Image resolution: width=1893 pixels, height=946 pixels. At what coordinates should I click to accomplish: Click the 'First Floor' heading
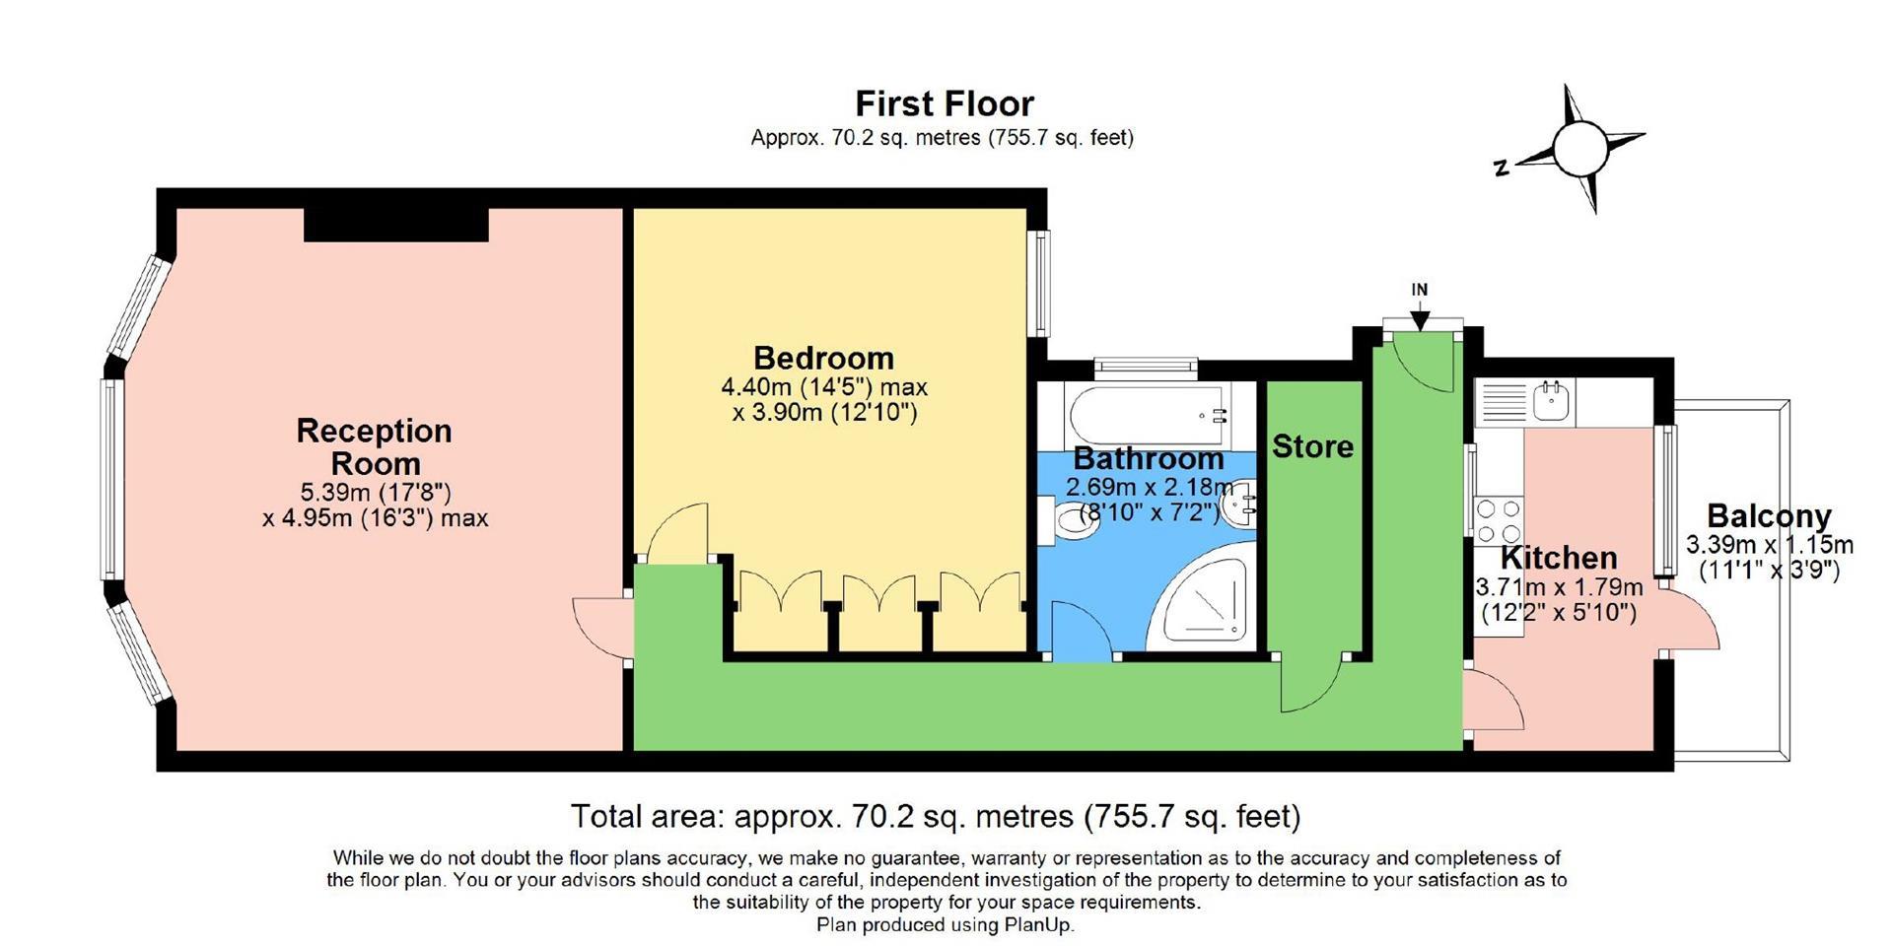945,103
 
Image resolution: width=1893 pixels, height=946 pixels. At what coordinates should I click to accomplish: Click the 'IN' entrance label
1419,290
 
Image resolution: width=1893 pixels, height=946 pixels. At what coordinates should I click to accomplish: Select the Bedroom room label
823,358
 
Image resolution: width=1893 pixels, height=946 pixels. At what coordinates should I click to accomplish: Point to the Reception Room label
375,446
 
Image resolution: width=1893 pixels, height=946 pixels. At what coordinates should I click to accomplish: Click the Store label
1312,446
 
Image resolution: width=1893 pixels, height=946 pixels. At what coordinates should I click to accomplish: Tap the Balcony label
1769,515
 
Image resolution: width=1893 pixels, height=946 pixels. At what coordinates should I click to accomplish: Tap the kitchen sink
1554,402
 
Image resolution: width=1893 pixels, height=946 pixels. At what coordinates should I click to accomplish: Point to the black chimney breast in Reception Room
396,225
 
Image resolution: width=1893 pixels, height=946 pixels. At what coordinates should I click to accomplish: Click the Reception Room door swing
602,627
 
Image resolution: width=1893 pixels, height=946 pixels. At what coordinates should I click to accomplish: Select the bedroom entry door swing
678,533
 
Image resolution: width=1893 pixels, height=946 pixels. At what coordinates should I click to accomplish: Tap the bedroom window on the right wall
1037,284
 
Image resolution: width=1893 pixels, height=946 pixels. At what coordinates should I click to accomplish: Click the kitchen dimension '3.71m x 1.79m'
1559,588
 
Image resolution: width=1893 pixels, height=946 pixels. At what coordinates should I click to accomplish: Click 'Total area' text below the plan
936,816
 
